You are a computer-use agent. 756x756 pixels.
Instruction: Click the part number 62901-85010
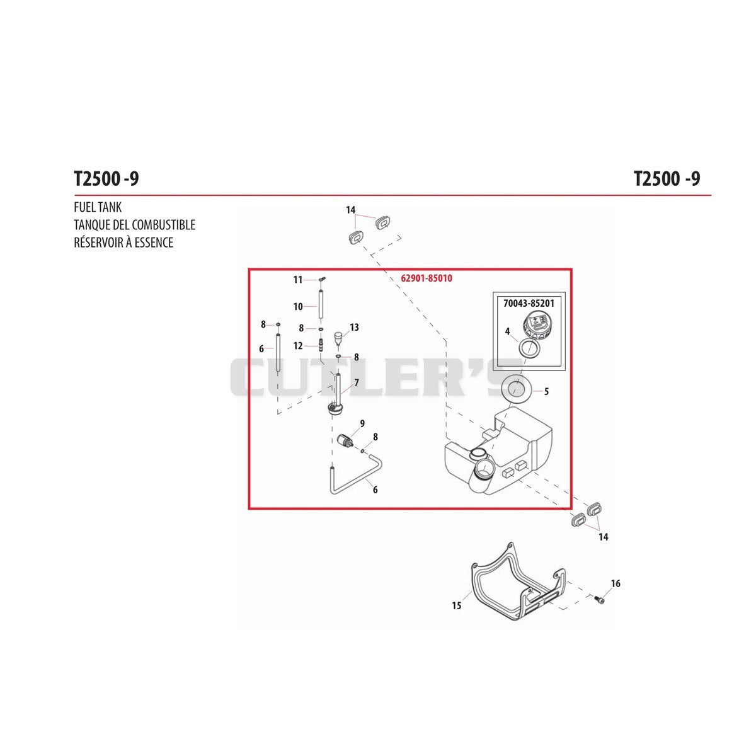(427, 278)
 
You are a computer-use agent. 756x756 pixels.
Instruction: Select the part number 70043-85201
(529, 303)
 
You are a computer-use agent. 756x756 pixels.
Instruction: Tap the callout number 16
(616, 583)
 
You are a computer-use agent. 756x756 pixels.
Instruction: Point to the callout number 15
(456, 605)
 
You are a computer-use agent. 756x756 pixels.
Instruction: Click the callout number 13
(354, 327)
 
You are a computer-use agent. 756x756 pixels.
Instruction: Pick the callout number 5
(546, 391)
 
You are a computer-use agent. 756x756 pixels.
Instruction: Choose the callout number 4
(507, 331)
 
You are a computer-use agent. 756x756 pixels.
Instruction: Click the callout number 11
(298, 280)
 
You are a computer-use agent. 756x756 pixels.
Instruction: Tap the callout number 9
(362, 423)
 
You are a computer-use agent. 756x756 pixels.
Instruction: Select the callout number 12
(298, 346)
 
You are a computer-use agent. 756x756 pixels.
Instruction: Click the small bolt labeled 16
(598, 599)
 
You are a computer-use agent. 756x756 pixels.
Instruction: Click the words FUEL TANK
(98, 207)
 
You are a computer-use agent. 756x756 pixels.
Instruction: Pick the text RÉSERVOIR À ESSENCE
(123, 242)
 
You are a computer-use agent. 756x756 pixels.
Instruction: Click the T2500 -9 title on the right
(667, 180)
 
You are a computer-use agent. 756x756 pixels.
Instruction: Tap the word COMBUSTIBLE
(164, 225)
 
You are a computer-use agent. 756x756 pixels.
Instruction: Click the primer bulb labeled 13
(337, 338)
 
